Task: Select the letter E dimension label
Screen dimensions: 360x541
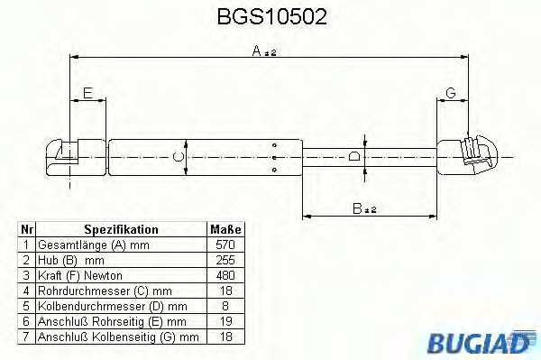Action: (87, 93)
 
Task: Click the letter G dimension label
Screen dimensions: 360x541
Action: (451, 93)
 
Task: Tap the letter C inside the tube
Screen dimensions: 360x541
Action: (179, 157)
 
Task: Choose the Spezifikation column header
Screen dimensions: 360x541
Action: (121, 229)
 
